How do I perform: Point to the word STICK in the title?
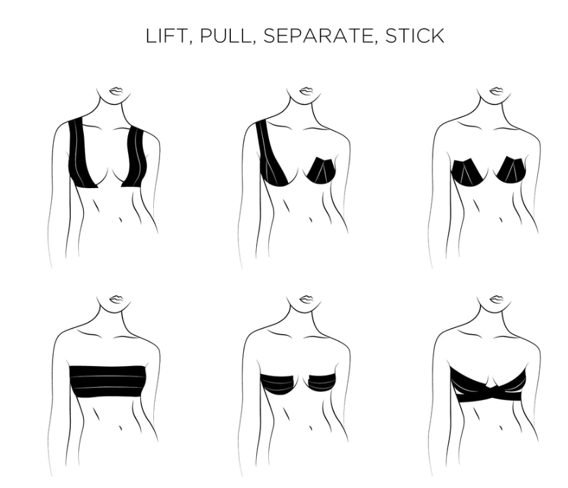tap(415, 36)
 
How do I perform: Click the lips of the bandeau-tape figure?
tap(116, 299)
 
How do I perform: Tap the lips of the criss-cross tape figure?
tap(496, 299)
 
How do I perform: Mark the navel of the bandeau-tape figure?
tap(120, 427)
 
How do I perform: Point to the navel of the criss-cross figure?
tap(501, 428)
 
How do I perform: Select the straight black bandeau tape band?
tap(107, 382)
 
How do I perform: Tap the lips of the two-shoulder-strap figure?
tap(116, 90)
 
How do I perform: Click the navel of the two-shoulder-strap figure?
tap(120, 219)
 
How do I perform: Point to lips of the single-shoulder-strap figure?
tap(306, 90)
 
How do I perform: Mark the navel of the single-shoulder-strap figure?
tap(311, 219)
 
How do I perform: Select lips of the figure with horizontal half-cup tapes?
tap(306, 299)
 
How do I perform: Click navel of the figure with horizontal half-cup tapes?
tap(311, 427)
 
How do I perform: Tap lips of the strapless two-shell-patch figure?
tap(496, 90)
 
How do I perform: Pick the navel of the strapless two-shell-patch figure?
tap(501, 219)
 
